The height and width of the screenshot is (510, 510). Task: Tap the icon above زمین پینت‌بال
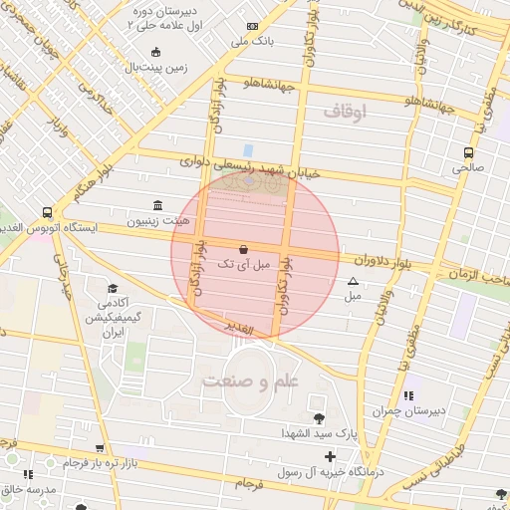click(x=154, y=53)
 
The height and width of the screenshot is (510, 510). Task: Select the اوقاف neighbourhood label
click(x=345, y=113)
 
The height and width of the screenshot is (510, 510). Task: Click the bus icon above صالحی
click(x=468, y=152)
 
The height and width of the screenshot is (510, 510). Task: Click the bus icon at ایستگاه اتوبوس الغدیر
click(x=47, y=212)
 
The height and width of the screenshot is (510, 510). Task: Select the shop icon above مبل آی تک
click(x=244, y=248)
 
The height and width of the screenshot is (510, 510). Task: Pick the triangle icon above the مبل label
click(x=353, y=282)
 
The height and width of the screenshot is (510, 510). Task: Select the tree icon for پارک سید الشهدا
click(x=319, y=418)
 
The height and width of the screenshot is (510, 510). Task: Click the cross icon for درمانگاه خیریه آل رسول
click(x=330, y=457)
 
